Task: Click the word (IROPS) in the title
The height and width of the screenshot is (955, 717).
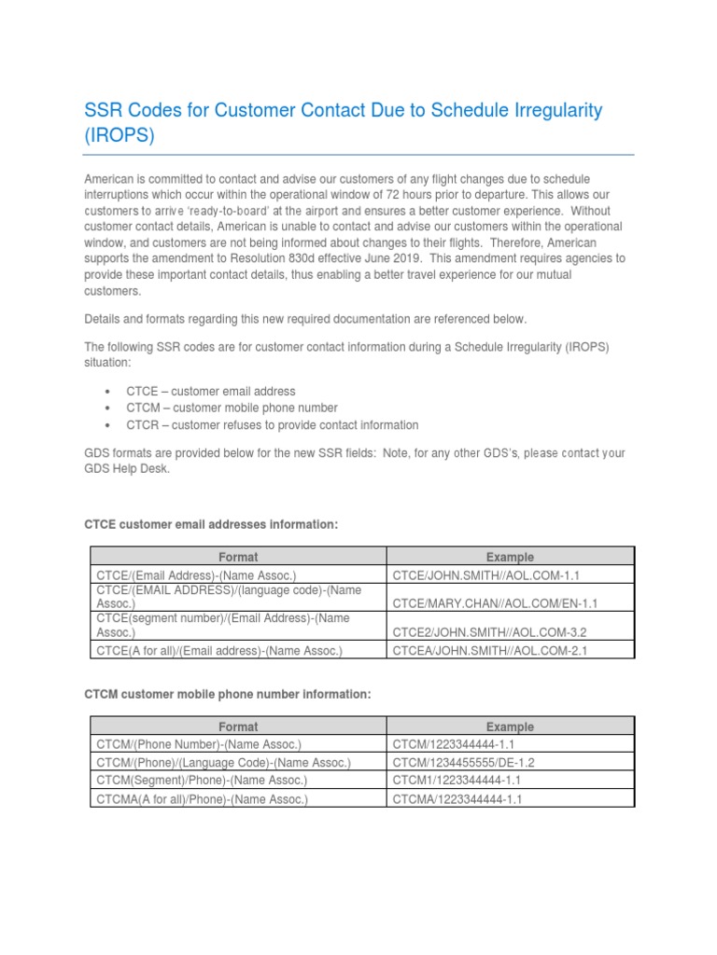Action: pyautogui.click(x=119, y=135)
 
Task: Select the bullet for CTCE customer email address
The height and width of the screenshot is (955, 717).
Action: pyautogui.click(x=211, y=391)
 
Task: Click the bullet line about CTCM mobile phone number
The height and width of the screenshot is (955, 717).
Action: pyautogui.click(x=232, y=408)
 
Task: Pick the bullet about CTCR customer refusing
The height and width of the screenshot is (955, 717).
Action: pyautogui.click(x=273, y=424)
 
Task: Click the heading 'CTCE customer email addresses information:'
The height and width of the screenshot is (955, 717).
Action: pyautogui.click(x=211, y=525)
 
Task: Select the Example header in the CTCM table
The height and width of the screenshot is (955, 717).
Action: pyautogui.click(x=510, y=727)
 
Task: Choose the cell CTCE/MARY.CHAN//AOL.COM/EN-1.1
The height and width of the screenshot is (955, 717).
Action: pyautogui.click(x=495, y=603)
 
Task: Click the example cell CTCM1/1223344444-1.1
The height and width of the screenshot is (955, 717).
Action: pyautogui.click(x=457, y=781)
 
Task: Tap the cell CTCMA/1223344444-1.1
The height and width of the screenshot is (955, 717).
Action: pyautogui.click(x=460, y=799)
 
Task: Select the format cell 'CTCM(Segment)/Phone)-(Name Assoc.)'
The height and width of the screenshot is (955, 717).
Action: pyautogui.click(x=200, y=781)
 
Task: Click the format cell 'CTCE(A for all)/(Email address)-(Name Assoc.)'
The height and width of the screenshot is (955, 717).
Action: pyautogui.click(x=218, y=650)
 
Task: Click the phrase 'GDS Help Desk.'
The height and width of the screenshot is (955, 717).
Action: pyautogui.click(x=128, y=470)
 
